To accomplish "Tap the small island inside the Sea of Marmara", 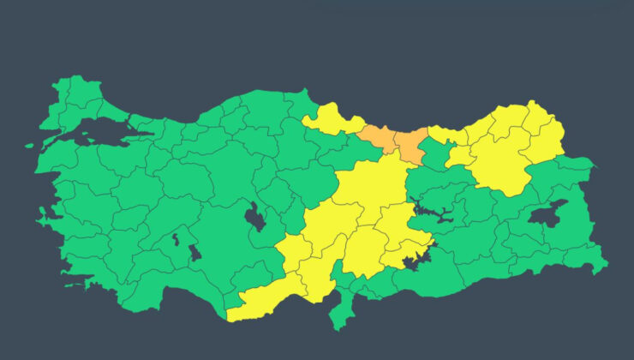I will click(87, 135).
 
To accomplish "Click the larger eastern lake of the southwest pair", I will click(194, 252).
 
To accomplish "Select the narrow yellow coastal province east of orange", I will click(446, 135).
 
